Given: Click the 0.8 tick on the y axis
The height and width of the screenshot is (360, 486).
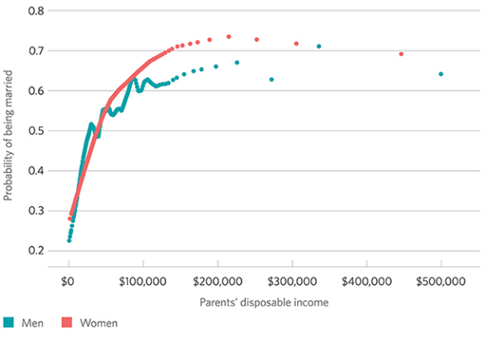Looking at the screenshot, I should pyautogui.click(x=37, y=11).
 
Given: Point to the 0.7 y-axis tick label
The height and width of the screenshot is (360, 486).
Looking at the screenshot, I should pyautogui.click(x=37, y=51).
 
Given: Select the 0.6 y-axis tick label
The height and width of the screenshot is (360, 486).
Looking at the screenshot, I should pyautogui.click(x=37, y=91).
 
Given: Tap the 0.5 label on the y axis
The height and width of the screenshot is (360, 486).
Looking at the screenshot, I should pyautogui.click(x=37, y=130).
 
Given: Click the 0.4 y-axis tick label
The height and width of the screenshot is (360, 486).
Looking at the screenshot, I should pyautogui.click(x=37, y=171).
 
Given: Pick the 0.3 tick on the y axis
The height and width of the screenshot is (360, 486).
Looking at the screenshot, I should pyautogui.click(x=37, y=211).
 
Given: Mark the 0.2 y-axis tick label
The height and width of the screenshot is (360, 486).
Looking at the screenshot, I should pyautogui.click(x=37, y=250).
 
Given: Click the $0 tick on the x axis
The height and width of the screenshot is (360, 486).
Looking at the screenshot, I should pyautogui.click(x=69, y=280).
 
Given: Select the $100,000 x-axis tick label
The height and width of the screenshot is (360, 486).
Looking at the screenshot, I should pyautogui.click(x=142, y=280).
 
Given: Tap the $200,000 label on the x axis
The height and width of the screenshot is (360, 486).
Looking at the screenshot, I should pyautogui.click(x=217, y=280).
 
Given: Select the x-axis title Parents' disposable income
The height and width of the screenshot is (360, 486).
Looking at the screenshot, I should pyautogui.click(x=254, y=302).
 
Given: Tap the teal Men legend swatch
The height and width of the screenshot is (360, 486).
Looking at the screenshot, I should pyautogui.click(x=9, y=323).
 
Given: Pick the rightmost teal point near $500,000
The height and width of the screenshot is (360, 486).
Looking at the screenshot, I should pyautogui.click(x=440, y=74).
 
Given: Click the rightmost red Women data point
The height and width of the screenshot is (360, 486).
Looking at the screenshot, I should pyautogui.click(x=401, y=54).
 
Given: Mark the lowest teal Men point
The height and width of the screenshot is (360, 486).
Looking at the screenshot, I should pyautogui.click(x=69, y=240).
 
